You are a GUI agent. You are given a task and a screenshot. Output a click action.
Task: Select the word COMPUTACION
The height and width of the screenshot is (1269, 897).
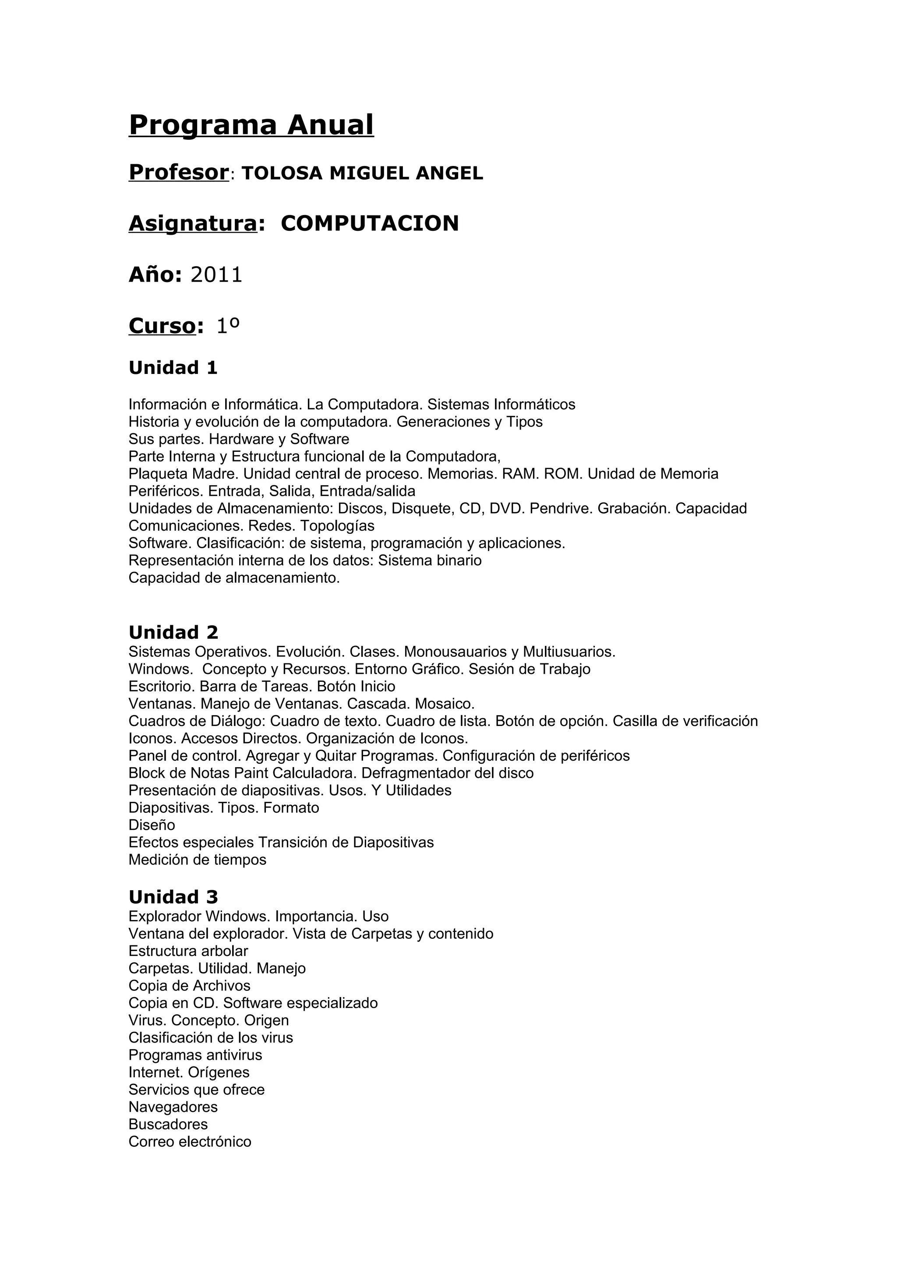(370, 223)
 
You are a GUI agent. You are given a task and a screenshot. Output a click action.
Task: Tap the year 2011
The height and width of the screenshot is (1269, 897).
(217, 275)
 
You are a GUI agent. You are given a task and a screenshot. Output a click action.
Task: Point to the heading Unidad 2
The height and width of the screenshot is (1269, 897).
(173, 632)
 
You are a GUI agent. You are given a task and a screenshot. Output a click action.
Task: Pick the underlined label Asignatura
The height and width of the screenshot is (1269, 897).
(193, 223)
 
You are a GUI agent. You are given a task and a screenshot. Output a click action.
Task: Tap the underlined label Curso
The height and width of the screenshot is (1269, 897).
(162, 326)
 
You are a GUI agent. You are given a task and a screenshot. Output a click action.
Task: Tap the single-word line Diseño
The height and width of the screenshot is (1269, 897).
(152, 825)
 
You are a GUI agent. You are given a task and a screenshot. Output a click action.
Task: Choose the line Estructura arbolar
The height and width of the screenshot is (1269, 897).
(188, 951)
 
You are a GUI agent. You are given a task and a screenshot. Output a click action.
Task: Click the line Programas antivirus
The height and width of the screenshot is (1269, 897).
(195, 1055)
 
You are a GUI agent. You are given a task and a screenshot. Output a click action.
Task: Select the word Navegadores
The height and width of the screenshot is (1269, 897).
(173, 1107)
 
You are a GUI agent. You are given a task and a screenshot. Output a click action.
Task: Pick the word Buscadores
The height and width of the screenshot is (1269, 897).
(168, 1124)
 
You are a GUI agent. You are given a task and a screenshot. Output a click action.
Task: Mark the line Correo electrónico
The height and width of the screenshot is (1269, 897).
(190, 1142)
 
